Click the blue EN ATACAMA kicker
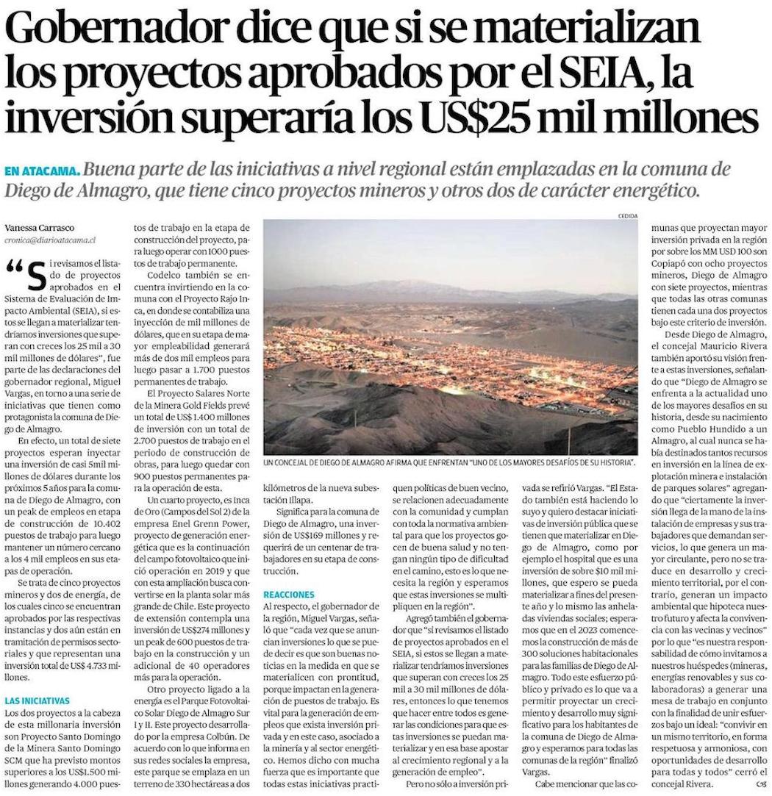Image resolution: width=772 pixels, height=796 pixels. point(42,171)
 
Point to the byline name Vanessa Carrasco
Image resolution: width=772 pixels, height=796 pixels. point(40,227)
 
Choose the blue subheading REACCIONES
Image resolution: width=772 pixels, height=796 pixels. point(289,593)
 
